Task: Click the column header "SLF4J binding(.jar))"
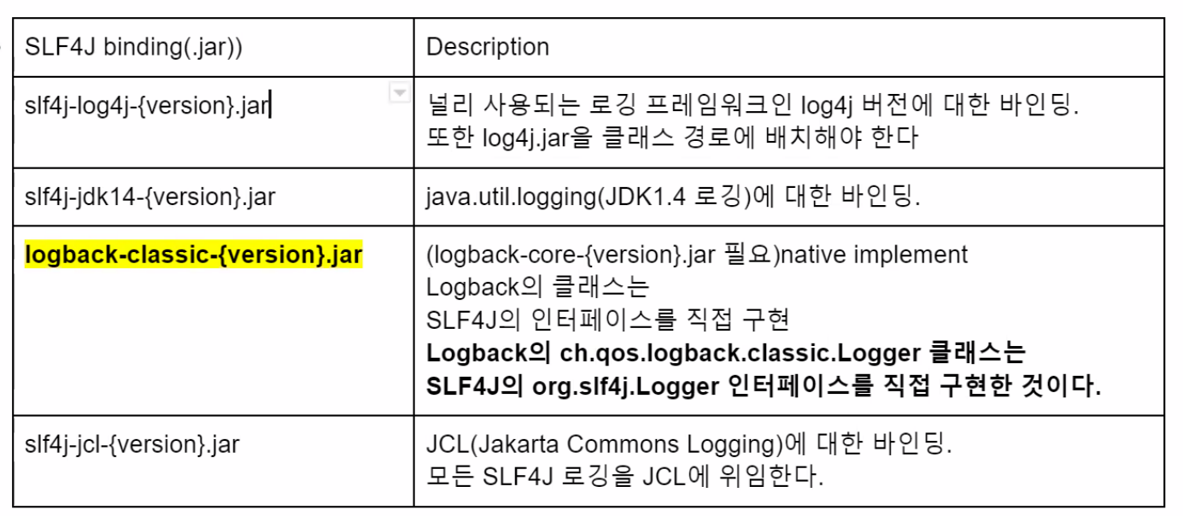133,46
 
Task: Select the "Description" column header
487,46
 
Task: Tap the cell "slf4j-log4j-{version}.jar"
147,106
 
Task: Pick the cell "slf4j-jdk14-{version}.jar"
149,197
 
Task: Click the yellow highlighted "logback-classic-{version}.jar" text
194,255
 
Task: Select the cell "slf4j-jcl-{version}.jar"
132,444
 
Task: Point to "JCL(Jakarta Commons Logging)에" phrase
615,444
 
